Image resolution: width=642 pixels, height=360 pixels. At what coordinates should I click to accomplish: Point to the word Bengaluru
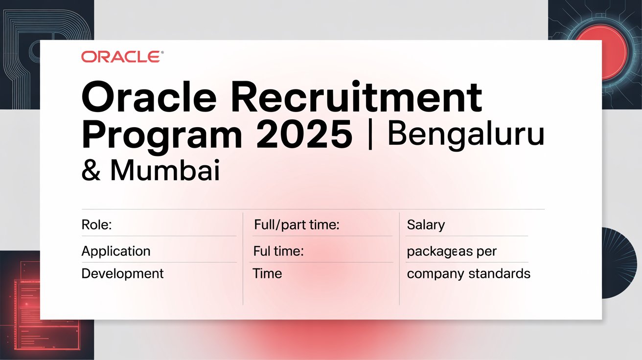coord(465,135)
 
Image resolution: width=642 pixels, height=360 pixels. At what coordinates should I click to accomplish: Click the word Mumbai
coord(164,172)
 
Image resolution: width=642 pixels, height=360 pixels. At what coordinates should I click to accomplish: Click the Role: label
coord(96,225)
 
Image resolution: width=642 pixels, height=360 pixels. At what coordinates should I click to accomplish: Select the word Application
coord(116,251)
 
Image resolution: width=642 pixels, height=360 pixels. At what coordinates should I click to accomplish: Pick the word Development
coord(122,273)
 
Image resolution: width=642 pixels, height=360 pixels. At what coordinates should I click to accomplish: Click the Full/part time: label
coord(297,225)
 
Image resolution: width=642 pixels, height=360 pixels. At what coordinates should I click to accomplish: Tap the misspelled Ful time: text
coord(278,251)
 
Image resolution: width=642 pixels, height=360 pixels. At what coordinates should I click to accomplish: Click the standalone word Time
coord(267,273)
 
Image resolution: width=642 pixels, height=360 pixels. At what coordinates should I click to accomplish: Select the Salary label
coord(426,225)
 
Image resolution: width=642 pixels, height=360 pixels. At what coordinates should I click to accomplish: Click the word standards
coord(499,273)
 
